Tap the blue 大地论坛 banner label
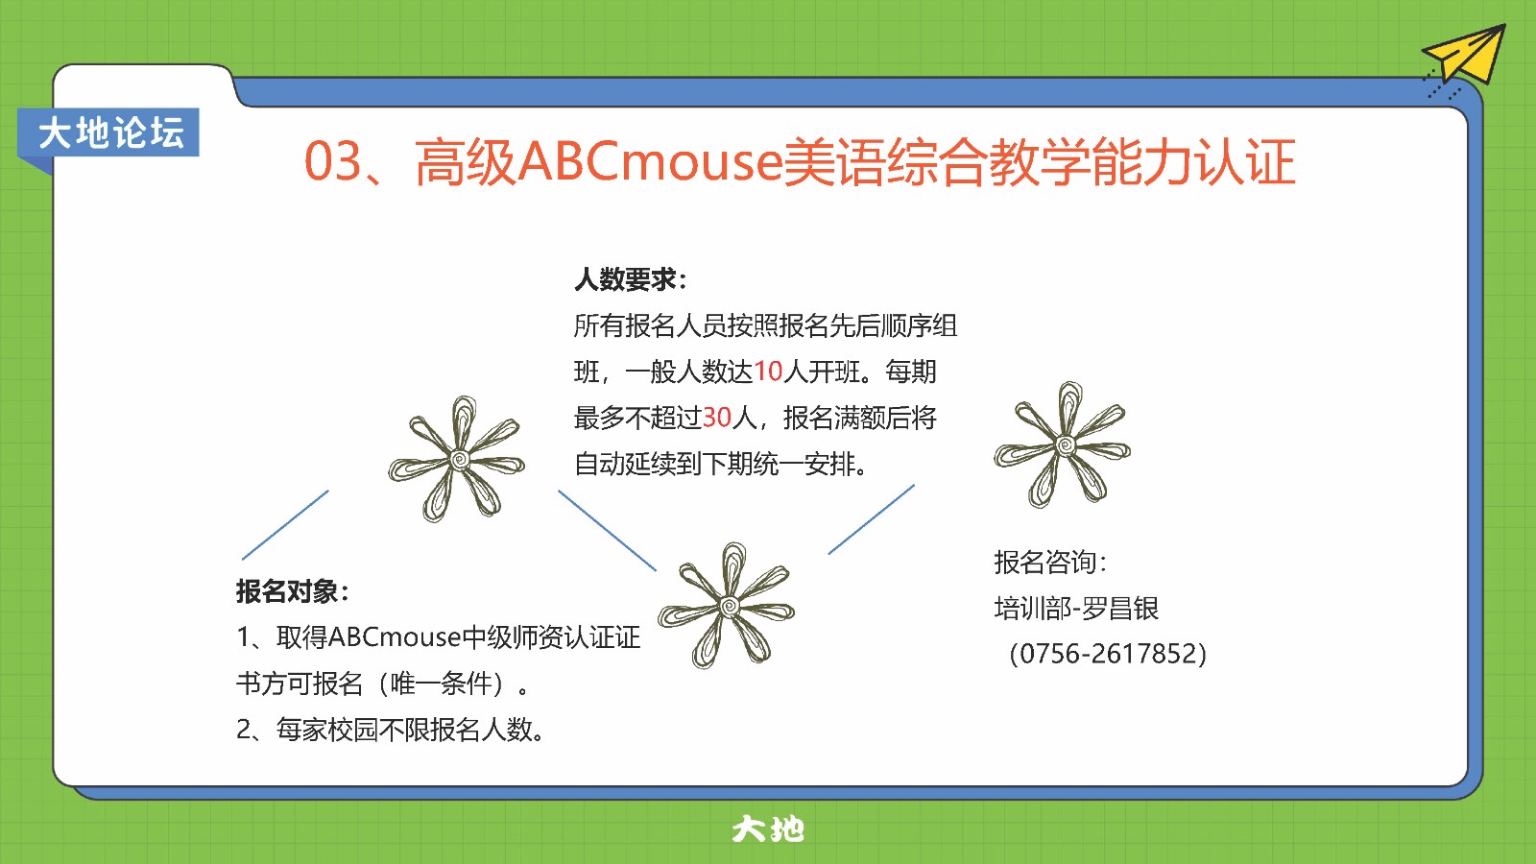[108, 132]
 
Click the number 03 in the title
[332, 162]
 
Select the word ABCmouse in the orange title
[649, 162]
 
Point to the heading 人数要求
[630, 279]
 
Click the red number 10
[768, 372]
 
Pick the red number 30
[717, 418]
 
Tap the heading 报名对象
[293, 591]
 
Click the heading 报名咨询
[1050, 563]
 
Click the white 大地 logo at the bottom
[768, 829]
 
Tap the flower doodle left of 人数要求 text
[457, 459]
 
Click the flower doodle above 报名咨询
[1062, 444]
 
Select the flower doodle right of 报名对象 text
[726, 606]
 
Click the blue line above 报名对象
[285, 524]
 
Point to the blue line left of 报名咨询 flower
[871, 519]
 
